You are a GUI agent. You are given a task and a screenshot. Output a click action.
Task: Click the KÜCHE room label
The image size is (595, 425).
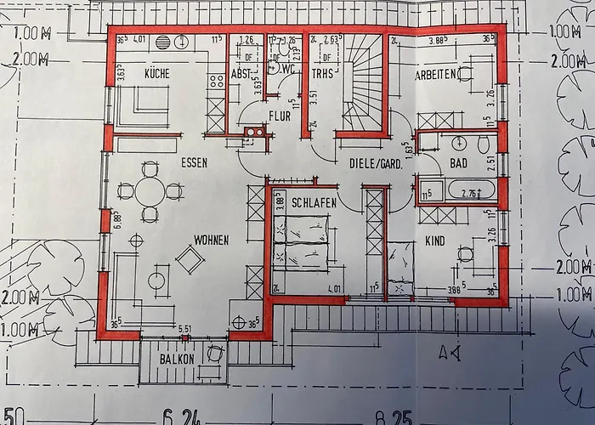coord(157,74)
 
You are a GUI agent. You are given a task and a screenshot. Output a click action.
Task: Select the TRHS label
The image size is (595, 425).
coord(321,74)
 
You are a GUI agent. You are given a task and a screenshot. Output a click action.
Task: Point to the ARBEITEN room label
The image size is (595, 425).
coord(437,75)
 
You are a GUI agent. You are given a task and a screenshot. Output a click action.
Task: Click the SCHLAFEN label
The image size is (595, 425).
coord(314,203)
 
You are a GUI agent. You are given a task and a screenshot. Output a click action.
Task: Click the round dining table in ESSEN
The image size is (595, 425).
coord(150,192)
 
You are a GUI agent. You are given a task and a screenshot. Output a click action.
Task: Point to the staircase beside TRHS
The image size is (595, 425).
coord(364,81)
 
